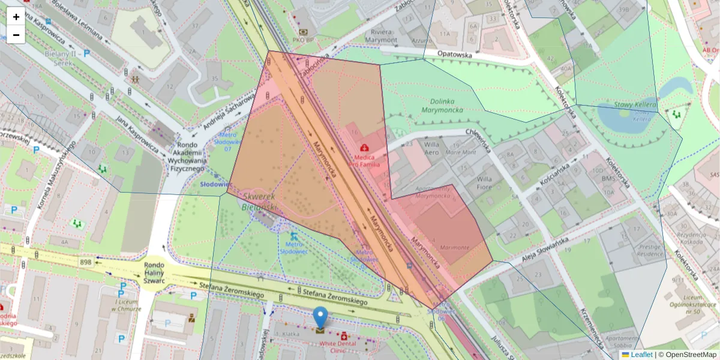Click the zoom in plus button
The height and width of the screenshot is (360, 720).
tap(16, 17)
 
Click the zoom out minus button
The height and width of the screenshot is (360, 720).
tap(16, 35)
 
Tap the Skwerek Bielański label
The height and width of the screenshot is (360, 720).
tap(259, 202)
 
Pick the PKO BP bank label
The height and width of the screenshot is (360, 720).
tap(304, 40)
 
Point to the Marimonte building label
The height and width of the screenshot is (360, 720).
tap(454, 247)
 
